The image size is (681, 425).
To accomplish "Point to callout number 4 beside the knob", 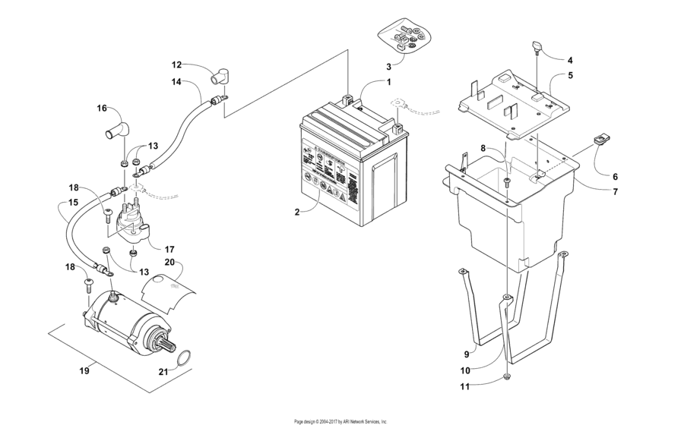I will click(x=570, y=59).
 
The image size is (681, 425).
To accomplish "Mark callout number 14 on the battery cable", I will click(x=176, y=81).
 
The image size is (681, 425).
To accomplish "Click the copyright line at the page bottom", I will click(x=340, y=420).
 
